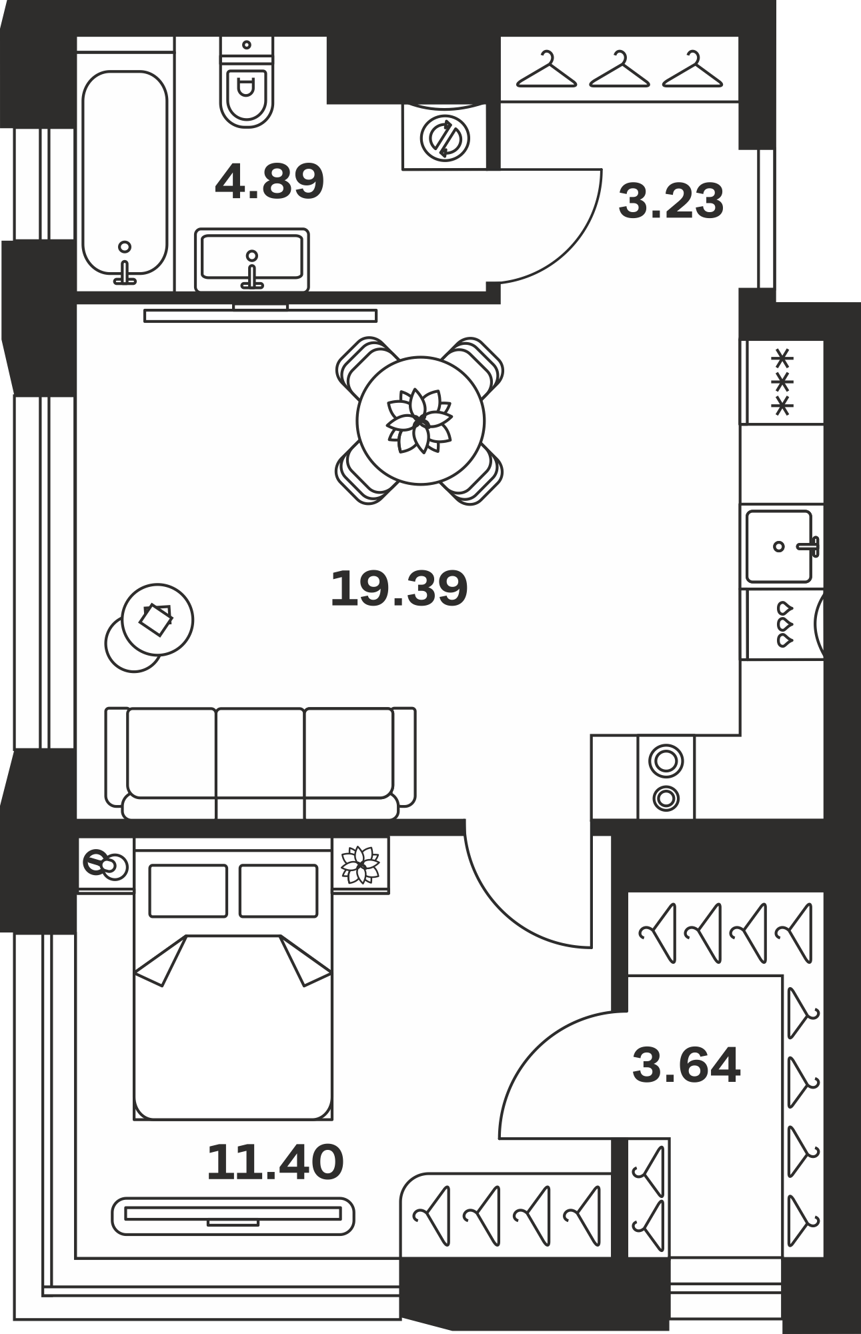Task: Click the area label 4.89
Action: coord(269,181)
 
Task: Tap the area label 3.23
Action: coord(671,201)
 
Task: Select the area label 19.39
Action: coord(399,588)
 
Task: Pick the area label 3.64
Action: coord(686,1065)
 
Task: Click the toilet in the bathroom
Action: coord(247,82)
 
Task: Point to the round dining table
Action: coord(420,420)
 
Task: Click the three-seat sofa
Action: coord(260,763)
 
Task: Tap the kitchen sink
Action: coord(781,546)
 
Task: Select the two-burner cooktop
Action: coord(666,777)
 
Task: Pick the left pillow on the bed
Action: coord(188,890)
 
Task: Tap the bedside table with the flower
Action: coord(360,865)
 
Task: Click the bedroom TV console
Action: coord(233,1216)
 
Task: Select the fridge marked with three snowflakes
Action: coord(782,382)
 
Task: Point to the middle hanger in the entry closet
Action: coord(620,69)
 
